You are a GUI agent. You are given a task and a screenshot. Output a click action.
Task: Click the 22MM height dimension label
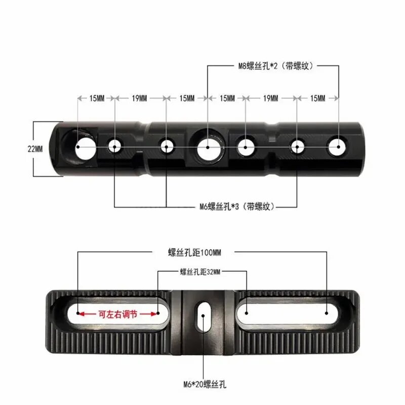tap(35, 149)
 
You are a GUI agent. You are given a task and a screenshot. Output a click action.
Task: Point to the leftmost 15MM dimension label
tap(97, 98)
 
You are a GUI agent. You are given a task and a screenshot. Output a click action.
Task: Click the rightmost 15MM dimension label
tap(318, 98)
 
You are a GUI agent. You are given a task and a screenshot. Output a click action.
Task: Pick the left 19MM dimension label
tap(139, 98)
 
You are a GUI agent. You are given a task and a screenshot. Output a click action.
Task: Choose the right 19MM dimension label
tap(270, 98)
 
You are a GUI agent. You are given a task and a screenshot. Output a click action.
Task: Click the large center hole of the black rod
tap(209, 148)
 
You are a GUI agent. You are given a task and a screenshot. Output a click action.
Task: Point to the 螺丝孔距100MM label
tap(194, 252)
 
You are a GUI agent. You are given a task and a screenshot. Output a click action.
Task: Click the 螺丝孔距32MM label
tap(200, 272)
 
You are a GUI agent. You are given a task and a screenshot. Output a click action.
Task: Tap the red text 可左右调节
tap(117, 314)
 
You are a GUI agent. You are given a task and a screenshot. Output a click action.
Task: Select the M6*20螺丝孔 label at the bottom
tap(205, 384)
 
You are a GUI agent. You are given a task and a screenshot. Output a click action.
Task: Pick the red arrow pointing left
tap(87, 314)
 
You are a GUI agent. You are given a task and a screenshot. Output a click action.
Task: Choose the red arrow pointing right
tap(149, 314)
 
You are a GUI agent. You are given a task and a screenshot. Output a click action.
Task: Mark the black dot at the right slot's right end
tap(327, 313)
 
